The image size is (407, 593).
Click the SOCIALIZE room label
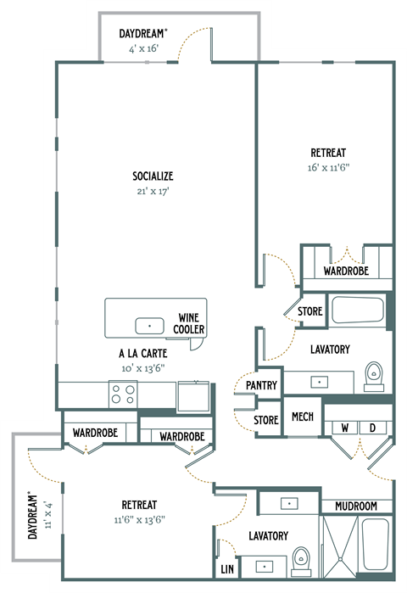pyautogui.click(x=153, y=176)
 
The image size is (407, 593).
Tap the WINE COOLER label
pyautogui.click(x=189, y=322)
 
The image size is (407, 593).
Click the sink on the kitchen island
pyautogui.click(x=150, y=325)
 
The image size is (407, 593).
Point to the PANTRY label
pyautogui.click(x=262, y=385)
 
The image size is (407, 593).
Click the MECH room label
pyautogui.click(x=302, y=417)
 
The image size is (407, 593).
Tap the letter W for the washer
pyautogui.click(x=344, y=428)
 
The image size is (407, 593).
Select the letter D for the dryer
pyautogui.click(x=371, y=428)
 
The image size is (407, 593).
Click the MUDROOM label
pyautogui.click(x=355, y=506)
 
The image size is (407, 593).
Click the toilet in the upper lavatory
pyautogui.click(x=374, y=373)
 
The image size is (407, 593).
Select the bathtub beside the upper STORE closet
pyautogui.click(x=358, y=310)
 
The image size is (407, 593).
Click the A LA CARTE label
pyautogui.click(x=142, y=355)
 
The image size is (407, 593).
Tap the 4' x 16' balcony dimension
pyautogui.click(x=142, y=48)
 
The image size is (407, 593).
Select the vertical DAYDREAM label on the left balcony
pyautogui.click(x=32, y=515)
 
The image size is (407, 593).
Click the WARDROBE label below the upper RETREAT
pyautogui.click(x=346, y=272)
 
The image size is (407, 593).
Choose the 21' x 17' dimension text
pyautogui.click(x=153, y=191)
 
